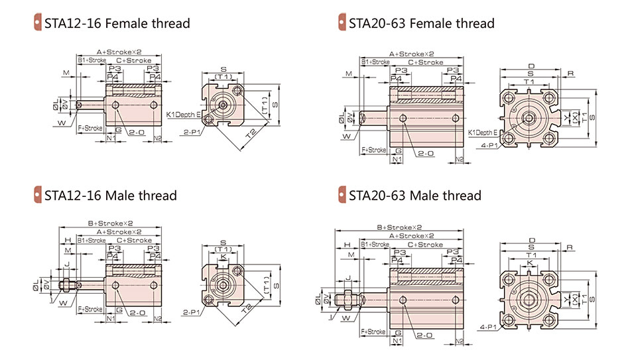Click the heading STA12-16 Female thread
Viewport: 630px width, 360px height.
117,24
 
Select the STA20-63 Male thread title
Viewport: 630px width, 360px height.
414,196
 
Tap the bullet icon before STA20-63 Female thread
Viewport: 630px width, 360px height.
342,23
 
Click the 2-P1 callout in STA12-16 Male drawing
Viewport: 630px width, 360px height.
192,312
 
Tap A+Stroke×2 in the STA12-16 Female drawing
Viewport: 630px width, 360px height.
119,52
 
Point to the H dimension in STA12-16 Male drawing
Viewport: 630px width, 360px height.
68,240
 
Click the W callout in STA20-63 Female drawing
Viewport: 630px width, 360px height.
346,137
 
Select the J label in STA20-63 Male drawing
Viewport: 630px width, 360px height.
347,277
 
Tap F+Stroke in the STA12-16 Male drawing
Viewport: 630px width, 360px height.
90,309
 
